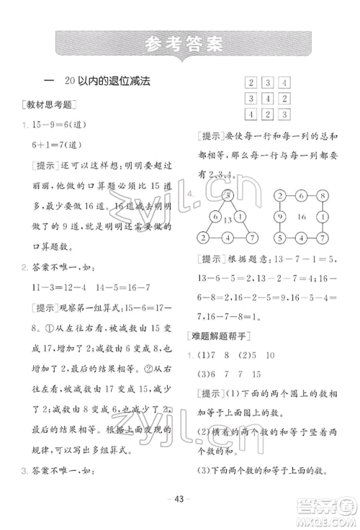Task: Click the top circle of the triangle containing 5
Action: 228,195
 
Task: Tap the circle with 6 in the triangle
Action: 214,217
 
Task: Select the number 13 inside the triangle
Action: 227,220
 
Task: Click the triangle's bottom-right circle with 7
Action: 251,238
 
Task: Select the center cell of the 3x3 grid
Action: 266,98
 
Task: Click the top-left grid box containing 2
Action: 251,82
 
